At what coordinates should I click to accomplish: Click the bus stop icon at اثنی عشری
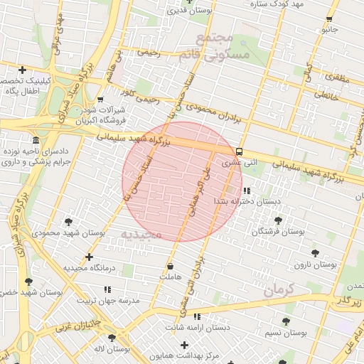click(x=239, y=151)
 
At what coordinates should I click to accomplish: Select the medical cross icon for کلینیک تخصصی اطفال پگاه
click(x=23, y=70)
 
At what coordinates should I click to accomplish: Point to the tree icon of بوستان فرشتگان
click(x=278, y=220)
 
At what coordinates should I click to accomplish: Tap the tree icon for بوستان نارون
click(x=314, y=252)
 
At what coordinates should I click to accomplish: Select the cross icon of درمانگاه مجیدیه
click(x=89, y=257)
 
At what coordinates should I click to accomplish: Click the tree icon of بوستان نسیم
click(x=286, y=321)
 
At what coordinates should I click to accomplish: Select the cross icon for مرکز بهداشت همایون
click(x=185, y=345)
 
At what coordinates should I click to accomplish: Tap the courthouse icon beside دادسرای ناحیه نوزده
click(x=36, y=139)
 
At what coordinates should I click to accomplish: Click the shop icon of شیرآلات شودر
click(x=100, y=100)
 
